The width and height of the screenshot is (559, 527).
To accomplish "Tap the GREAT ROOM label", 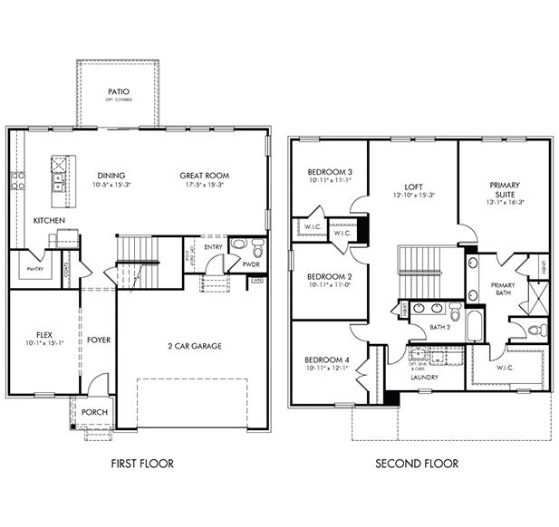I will click(204, 176).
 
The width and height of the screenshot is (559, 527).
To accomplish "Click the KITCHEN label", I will click(49, 221).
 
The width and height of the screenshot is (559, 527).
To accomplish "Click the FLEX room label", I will click(37, 333).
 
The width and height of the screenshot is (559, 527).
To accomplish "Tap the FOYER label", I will click(98, 340).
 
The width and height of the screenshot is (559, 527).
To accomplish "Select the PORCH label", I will click(94, 412).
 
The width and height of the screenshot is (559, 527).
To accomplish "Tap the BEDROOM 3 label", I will click(329, 172).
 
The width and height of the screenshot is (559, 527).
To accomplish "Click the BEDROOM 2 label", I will click(329, 276).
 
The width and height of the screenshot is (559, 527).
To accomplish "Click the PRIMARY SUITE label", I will click(505, 191).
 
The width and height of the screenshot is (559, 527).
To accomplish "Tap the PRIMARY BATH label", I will click(503, 289).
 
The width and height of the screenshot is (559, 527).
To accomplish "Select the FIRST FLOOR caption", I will click(141, 464).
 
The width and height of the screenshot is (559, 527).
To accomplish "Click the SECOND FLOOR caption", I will click(418, 464).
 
